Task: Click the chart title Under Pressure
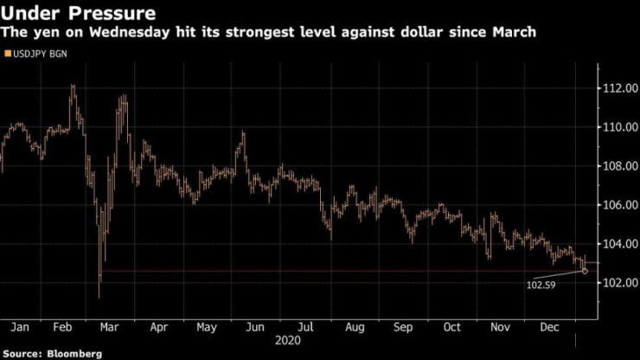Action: click(x=80, y=13)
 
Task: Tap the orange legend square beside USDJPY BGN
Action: click(x=8, y=55)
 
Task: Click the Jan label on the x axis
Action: click(x=20, y=327)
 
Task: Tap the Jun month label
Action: click(x=254, y=327)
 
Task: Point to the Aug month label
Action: click(x=355, y=327)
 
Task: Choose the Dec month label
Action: click(x=550, y=327)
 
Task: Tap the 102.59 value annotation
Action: click(x=541, y=284)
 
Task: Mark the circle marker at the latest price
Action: click(x=586, y=271)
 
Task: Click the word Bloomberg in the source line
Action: click(x=74, y=353)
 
